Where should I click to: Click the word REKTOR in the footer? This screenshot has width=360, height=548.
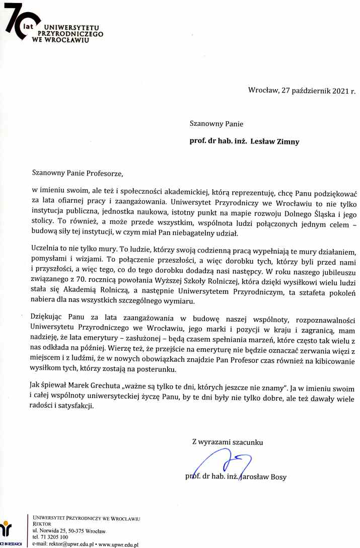point(42,524)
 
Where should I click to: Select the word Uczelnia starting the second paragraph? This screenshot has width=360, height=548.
point(46,251)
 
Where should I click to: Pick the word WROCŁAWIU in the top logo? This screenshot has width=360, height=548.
point(68,40)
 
